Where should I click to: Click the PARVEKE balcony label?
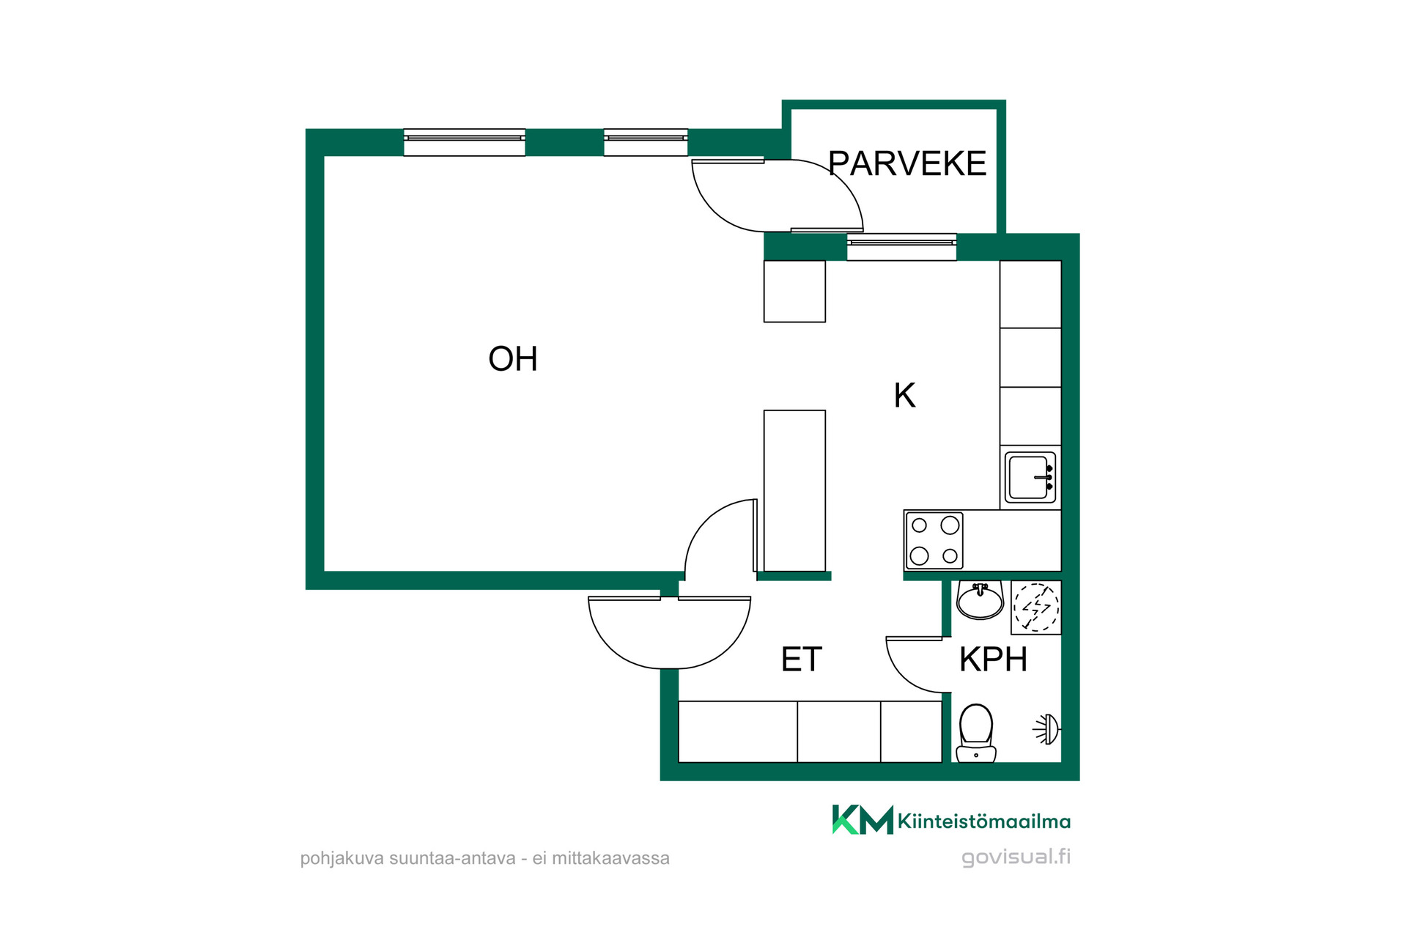[x=907, y=163]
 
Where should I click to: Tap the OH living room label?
[x=513, y=359]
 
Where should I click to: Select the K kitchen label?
[x=904, y=396]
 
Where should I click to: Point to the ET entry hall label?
[x=802, y=660]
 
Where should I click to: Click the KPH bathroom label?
[x=993, y=660]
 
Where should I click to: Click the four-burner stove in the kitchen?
[x=934, y=541]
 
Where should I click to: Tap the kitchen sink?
[x=1030, y=477]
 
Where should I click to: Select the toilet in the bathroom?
[x=976, y=733]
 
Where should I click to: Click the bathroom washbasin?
[x=980, y=601]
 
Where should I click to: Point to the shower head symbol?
[x=1046, y=730]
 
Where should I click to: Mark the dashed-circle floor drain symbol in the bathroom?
[x=1036, y=607]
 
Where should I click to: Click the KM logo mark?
[x=863, y=819]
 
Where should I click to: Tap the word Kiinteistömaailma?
[x=984, y=821]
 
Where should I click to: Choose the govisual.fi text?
[x=1016, y=857]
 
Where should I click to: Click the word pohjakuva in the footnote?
[x=342, y=859]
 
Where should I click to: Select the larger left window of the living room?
[x=465, y=142]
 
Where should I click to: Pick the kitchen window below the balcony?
[x=902, y=247]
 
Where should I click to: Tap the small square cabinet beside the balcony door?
[x=794, y=292]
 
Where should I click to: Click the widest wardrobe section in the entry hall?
[x=738, y=731]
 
